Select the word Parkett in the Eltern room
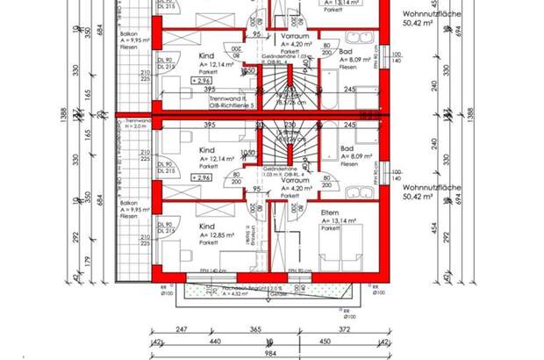click(330, 227)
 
